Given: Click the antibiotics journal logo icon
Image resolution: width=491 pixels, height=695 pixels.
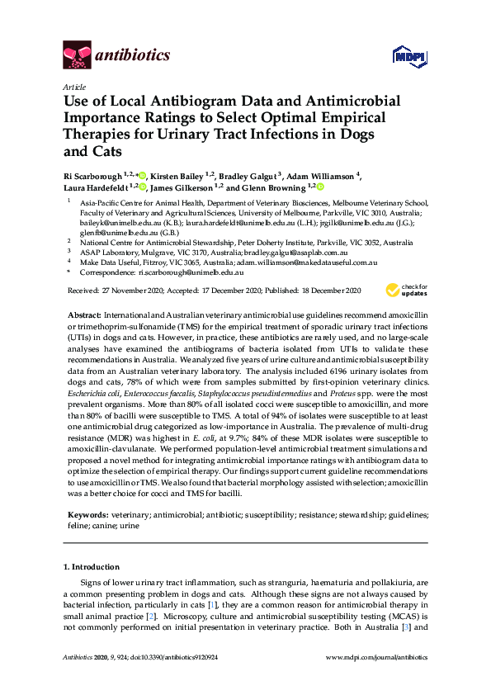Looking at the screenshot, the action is (76, 55).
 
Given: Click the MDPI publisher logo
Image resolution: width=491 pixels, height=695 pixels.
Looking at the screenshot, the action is (404, 57).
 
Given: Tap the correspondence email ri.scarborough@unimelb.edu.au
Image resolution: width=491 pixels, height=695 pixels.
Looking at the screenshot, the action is (191, 272).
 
